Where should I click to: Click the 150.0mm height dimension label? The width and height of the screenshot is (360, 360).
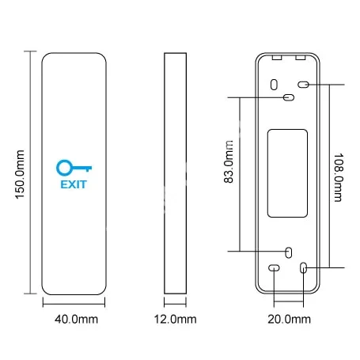[x=21, y=174]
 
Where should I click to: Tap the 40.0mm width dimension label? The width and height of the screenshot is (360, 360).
[x=76, y=320]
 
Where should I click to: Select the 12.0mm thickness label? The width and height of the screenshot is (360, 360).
[x=175, y=320]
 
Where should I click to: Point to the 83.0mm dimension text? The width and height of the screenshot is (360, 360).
[x=229, y=161]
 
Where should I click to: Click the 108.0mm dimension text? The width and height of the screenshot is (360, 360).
[x=339, y=177]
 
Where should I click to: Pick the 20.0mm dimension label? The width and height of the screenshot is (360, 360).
[x=289, y=320]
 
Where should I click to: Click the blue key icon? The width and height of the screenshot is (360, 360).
[x=74, y=168]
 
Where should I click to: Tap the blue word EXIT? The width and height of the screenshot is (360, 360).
[x=74, y=184]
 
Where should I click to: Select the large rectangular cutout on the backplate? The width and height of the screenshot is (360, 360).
[x=287, y=173]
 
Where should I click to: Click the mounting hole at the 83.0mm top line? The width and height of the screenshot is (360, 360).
[x=289, y=97]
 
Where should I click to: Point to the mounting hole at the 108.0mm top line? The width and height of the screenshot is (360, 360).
[x=303, y=85]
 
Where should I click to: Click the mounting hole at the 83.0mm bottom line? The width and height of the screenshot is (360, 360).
[x=289, y=252]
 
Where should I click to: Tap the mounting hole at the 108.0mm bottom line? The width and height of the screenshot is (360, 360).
[x=304, y=267]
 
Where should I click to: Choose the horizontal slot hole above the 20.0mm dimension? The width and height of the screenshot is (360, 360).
[x=274, y=268]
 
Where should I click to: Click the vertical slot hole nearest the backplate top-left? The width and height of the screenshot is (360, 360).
[x=274, y=85]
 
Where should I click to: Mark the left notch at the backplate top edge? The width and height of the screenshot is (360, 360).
[x=277, y=57]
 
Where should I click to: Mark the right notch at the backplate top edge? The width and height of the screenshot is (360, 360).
[x=301, y=57]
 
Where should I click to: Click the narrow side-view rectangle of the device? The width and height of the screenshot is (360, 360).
[x=175, y=173]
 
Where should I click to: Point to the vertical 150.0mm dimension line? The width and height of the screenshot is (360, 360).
[x=31, y=172]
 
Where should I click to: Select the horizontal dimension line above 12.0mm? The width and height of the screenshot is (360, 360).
[x=175, y=304]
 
